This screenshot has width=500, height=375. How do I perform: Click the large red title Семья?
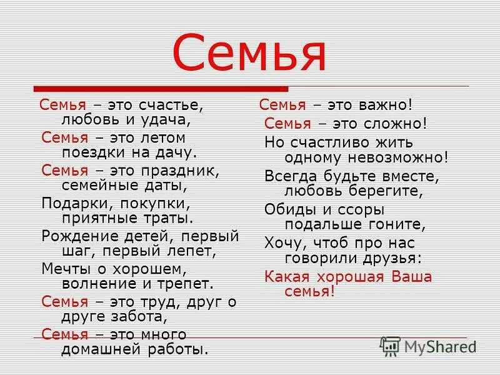[249, 52]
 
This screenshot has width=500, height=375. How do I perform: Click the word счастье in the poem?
[171, 105]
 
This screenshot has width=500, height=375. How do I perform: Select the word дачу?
[176, 153]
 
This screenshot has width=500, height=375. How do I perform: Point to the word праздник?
[181, 171]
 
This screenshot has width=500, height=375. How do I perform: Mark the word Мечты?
[66, 269]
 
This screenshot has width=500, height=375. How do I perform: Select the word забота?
[139, 317]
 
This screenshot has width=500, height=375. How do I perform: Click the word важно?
[386, 104]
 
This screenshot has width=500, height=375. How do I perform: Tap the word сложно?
[396, 123]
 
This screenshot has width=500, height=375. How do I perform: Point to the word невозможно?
[398, 157]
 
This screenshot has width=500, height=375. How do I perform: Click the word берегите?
[386, 191]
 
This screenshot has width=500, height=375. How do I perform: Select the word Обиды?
[291, 210]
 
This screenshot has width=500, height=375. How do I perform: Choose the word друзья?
[392, 258]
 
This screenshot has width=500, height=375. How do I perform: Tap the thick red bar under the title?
[161, 89]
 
